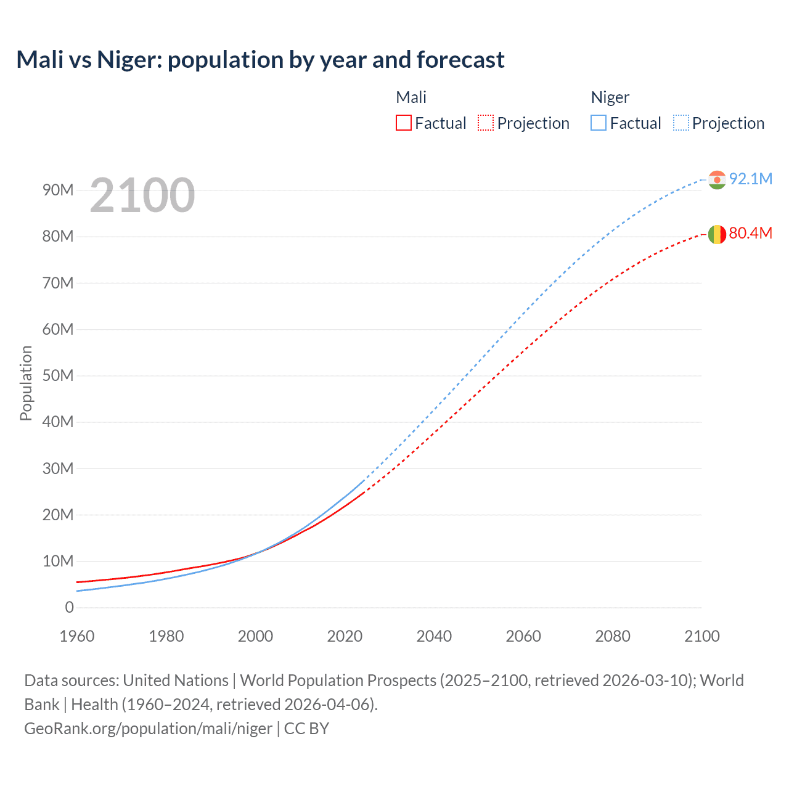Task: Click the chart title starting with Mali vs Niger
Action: point(260,60)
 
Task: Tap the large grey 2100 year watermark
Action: point(142,195)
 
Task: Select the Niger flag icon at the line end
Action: point(716,179)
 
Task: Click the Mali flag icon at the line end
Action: point(716,234)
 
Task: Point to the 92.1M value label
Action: point(750,179)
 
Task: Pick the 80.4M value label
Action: point(750,233)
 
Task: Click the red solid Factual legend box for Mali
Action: point(403,123)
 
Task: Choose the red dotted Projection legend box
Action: point(486,123)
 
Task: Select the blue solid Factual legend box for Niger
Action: point(598,123)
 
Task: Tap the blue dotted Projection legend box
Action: point(681,123)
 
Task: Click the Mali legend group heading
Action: point(411,97)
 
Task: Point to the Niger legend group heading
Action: point(610,97)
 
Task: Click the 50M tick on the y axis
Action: point(58,375)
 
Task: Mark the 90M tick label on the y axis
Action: point(58,190)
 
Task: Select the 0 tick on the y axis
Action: point(69,607)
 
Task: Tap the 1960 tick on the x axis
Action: point(77,636)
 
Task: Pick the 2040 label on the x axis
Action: point(434,636)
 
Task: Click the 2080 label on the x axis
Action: point(613,636)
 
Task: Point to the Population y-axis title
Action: point(26,383)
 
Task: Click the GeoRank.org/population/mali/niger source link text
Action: point(148,729)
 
